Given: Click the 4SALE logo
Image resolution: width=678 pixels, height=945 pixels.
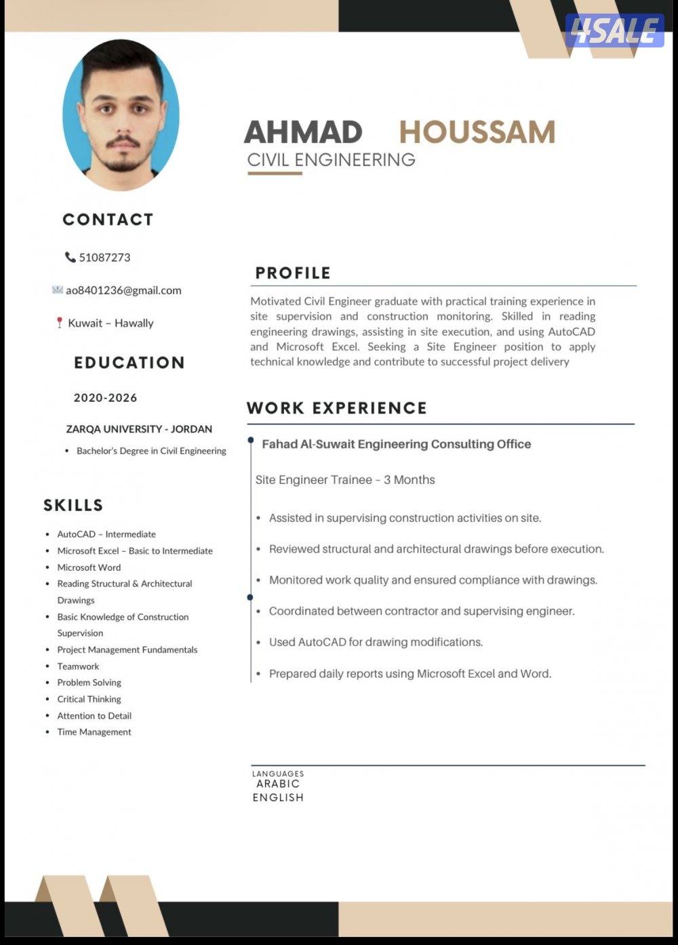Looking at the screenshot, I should pos(614,31).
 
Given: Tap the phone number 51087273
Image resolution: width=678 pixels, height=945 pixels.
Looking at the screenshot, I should pos(104,258).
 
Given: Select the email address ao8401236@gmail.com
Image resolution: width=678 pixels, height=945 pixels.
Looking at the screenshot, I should pos(123,290).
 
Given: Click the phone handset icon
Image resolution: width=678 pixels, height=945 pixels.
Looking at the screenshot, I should pos(70,257).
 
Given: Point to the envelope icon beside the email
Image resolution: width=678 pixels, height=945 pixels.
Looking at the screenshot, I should pos(58,290).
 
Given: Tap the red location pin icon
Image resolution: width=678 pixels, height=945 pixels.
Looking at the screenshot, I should pos(59,323).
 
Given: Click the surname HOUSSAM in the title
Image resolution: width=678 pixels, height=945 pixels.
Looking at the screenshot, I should pos(477,132).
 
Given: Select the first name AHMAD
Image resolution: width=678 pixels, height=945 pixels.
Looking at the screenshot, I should pos(303,132).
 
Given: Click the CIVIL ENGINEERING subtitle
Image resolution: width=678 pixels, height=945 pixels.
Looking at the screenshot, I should pos(331,160).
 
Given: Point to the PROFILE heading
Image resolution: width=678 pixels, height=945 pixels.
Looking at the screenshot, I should pos(293,273).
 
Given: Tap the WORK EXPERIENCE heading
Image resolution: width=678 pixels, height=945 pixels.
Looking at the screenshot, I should pos(337,408).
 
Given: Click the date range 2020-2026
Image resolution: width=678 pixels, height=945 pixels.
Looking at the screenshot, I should pos(105,398).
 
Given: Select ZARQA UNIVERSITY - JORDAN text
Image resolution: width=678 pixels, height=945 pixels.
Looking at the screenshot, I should pos(139,429).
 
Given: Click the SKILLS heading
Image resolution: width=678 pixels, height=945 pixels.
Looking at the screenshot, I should pos(73,505).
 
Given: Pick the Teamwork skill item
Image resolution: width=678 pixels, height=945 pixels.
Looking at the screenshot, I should pos(78,666).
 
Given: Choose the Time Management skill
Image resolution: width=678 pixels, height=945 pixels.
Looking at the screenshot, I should pos(94,732).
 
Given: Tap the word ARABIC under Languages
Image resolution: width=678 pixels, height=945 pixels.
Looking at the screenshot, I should pos(278,784).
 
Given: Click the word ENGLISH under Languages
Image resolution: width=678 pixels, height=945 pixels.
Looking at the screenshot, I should pos(278,798).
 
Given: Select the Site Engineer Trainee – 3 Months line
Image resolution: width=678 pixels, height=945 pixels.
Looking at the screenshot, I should pos(345,480).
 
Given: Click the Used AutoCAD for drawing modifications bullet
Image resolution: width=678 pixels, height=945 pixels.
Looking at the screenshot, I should pos(376,642).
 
